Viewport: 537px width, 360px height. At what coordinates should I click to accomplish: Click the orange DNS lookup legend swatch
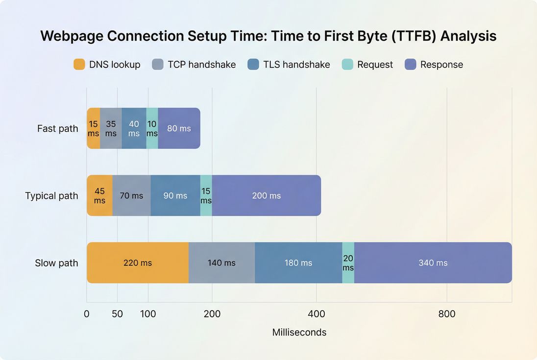[79, 64]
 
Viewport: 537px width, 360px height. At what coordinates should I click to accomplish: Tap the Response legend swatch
[410, 64]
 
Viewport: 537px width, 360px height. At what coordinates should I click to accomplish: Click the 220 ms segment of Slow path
[138, 263]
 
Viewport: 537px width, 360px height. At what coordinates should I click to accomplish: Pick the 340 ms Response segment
[433, 263]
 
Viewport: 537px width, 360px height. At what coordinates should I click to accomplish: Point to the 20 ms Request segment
[348, 263]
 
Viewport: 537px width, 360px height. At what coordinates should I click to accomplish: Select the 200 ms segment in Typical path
[266, 195]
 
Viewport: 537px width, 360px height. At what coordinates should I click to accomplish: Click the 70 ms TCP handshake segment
[131, 195]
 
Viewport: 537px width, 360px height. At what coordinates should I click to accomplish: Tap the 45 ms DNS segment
[99, 195]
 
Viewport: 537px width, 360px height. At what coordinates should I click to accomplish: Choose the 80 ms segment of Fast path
[179, 128]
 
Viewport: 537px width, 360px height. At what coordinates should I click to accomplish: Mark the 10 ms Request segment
[152, 128]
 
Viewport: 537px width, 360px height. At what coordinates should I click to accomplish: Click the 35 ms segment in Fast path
[111, 128]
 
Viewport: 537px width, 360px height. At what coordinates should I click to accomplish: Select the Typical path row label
[51, 196]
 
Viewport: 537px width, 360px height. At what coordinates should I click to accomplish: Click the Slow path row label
[56, 263]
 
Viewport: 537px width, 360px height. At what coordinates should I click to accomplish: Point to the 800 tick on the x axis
[447, 314]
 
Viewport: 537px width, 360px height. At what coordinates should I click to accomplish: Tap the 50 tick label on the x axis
[117, 314]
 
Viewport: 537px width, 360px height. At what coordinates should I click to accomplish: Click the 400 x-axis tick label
[316, 314]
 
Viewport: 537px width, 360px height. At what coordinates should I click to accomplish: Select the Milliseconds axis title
[299, 332]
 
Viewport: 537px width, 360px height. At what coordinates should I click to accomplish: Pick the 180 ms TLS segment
[298, 263]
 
